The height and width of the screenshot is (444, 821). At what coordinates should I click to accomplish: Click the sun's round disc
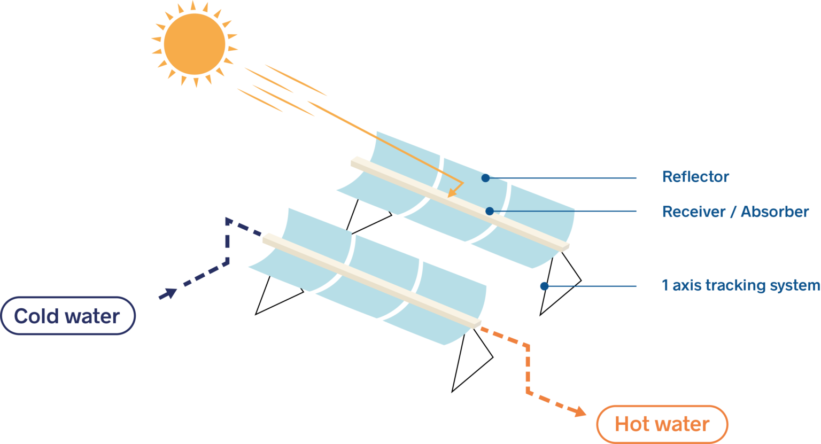click(194, 44)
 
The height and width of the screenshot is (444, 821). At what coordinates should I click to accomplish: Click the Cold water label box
click(68, 316)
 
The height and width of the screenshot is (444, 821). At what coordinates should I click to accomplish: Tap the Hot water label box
click(662, 424)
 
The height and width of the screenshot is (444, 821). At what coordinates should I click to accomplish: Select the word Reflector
click(695, 177)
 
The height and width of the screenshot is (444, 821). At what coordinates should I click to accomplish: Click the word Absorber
click(774, 212)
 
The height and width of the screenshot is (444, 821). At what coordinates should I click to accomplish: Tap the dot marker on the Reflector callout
click(485, 177)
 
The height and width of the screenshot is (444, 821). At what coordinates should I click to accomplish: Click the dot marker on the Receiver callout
click(489, 211)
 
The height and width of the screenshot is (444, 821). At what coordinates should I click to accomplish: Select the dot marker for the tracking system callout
click(544, 286)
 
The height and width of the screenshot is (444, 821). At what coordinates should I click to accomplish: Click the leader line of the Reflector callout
click(561, 178)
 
